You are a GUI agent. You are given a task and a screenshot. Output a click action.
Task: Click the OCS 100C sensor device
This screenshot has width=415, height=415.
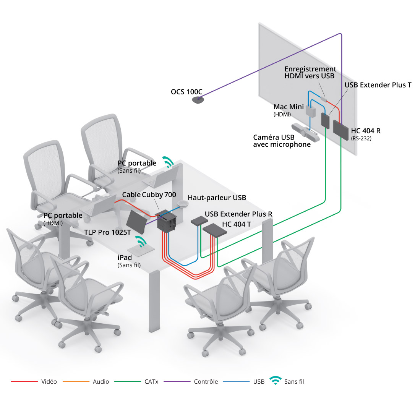coord(198,100)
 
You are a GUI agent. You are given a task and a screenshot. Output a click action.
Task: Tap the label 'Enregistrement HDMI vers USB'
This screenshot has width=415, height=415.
coord(310,73)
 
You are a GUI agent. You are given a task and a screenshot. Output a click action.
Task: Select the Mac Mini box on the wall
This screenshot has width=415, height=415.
coord(311,112)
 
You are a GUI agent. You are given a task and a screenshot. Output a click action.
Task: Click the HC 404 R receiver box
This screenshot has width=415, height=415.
coord(340,130)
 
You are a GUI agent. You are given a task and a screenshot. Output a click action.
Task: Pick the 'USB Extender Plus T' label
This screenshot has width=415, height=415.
coord(378,85)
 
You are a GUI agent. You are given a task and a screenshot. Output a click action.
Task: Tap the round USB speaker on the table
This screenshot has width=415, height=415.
coord(183,204)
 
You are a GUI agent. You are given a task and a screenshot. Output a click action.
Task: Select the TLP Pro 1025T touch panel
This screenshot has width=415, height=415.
coord(136,222)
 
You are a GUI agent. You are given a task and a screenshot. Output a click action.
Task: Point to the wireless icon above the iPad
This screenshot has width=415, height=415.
coord(141,242)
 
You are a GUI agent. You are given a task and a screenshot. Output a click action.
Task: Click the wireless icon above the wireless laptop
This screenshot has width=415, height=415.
coord(168,162)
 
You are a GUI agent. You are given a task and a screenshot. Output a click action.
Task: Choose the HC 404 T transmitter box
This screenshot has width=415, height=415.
coord(215,230)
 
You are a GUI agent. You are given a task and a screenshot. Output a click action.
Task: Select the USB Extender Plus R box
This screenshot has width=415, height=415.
coord(199,221)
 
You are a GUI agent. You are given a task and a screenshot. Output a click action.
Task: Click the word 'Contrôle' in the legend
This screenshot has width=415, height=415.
coord(206,381)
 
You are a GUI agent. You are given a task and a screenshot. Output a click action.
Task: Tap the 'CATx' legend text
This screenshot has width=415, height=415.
coord(151,381)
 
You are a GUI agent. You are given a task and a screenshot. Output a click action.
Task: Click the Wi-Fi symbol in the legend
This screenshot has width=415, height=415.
coord(276,380)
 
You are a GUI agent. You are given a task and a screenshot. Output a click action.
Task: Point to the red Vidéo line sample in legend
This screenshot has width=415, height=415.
coord(24,381)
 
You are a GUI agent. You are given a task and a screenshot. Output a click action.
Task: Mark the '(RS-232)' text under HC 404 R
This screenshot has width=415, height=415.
coord(361,138)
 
